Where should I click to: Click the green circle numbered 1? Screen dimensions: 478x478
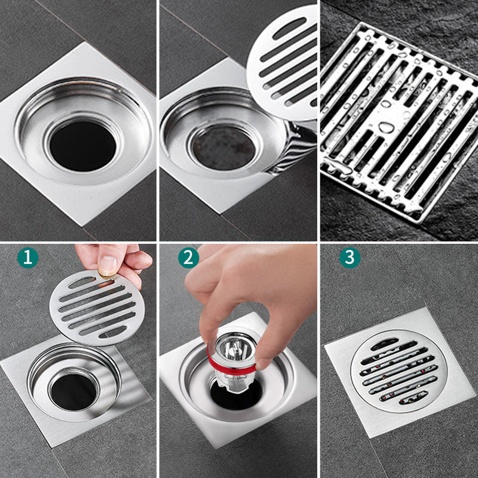28,258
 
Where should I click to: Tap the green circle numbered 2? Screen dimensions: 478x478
189,258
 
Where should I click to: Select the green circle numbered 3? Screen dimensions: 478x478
350,258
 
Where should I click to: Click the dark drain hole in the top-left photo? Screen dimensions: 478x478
82,146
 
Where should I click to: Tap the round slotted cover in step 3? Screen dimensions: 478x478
399,371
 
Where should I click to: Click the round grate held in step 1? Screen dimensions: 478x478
97,308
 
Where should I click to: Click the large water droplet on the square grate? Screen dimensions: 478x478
387,127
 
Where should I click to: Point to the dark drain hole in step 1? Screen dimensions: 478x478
73,392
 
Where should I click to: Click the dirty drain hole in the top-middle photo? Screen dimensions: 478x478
224,148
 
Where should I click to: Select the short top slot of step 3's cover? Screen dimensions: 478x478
384,344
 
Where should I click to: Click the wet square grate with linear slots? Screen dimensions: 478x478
399,122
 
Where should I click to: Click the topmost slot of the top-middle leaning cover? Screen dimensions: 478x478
290,28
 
